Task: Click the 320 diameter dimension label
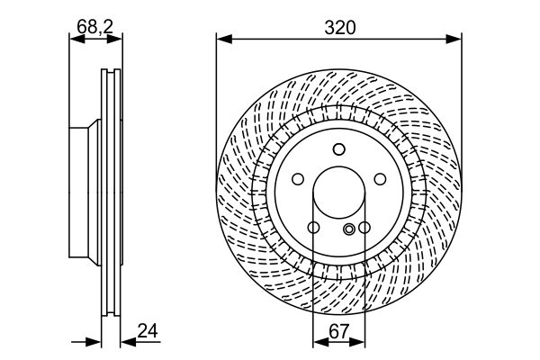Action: pos(339,28)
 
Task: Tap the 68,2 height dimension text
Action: pos(95,26)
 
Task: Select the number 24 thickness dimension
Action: pos(148,330)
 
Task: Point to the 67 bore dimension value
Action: pos(339,332)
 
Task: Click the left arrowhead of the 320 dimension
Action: pos(224,39)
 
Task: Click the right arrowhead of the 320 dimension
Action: pos(454,39)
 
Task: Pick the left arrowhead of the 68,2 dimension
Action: pos(76,39)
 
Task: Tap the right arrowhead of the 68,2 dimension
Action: pos(114,39)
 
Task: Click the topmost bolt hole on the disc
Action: pos(339,149)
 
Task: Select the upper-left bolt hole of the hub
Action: pos(298,179)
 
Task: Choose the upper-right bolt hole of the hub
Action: pos(380,179)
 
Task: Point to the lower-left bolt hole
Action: pos(313,228)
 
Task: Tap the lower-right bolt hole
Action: pos(364,228)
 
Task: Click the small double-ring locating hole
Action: pos(349,229)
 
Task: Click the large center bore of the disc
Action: pos(339,193)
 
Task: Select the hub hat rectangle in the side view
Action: pos(79,193)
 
